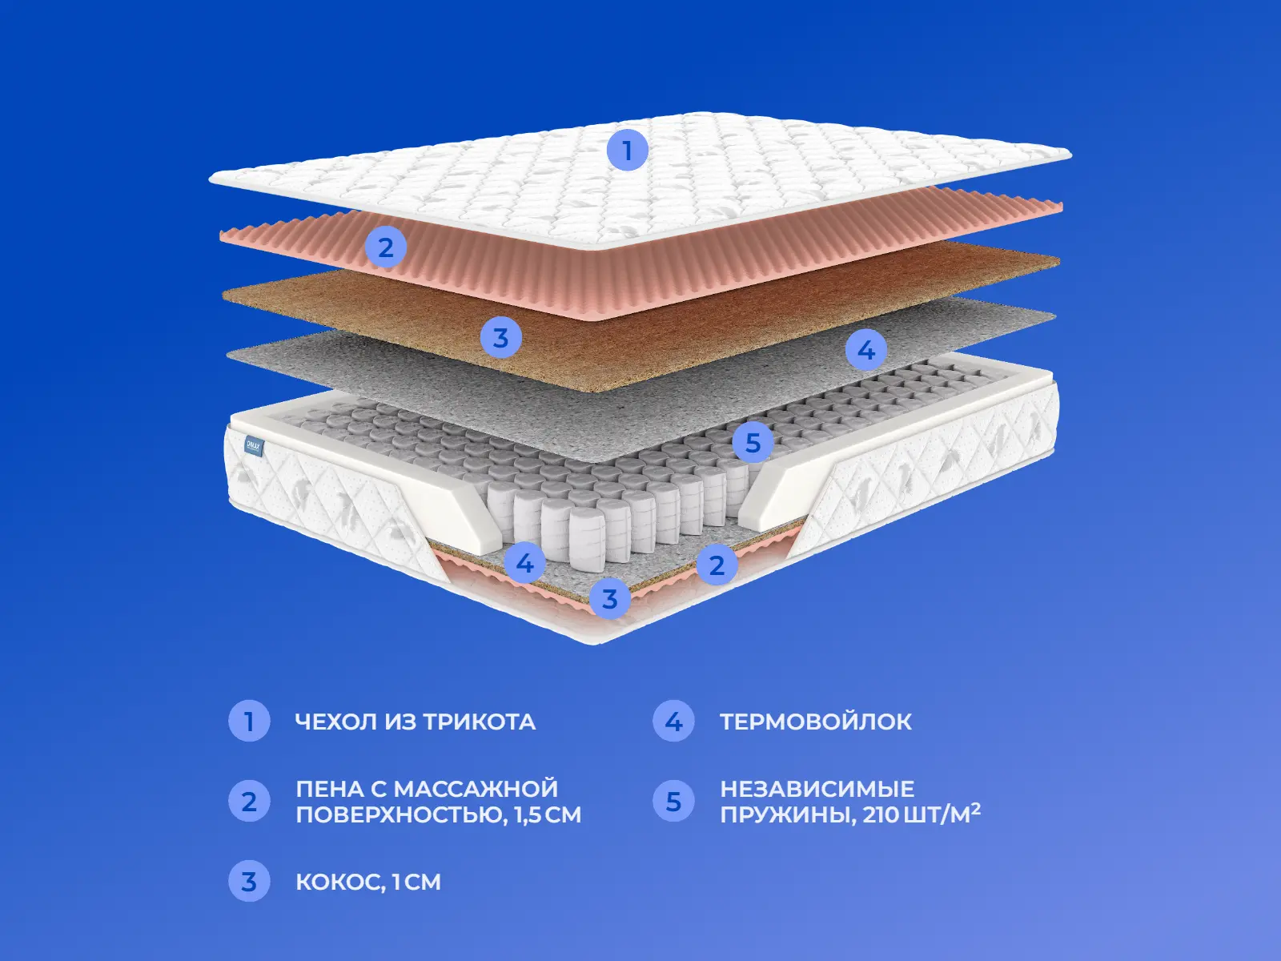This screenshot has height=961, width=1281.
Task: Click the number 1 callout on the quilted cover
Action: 628,151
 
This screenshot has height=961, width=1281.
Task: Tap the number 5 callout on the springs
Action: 753,443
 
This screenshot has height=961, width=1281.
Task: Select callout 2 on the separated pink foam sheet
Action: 386,247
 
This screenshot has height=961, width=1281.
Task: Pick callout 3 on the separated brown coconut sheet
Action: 500,337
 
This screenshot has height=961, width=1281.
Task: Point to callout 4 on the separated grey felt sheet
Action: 866,350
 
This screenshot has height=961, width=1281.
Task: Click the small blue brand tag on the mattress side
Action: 254,446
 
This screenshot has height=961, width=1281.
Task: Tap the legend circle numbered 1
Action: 249,722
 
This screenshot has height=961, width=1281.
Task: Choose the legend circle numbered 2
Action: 249,801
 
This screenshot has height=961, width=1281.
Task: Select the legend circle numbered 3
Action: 249,881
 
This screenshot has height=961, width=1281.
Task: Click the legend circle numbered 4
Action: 673,722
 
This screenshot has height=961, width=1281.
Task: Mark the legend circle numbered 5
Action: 673,801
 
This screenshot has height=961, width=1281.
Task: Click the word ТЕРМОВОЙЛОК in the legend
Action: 816,722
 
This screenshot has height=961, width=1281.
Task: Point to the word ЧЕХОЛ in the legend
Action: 336,722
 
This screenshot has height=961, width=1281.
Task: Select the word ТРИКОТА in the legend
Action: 479,722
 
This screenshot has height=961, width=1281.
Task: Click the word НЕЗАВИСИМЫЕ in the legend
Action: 817,789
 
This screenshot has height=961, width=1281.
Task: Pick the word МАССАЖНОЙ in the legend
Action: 476,789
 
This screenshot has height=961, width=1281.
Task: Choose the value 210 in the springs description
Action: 881,814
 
